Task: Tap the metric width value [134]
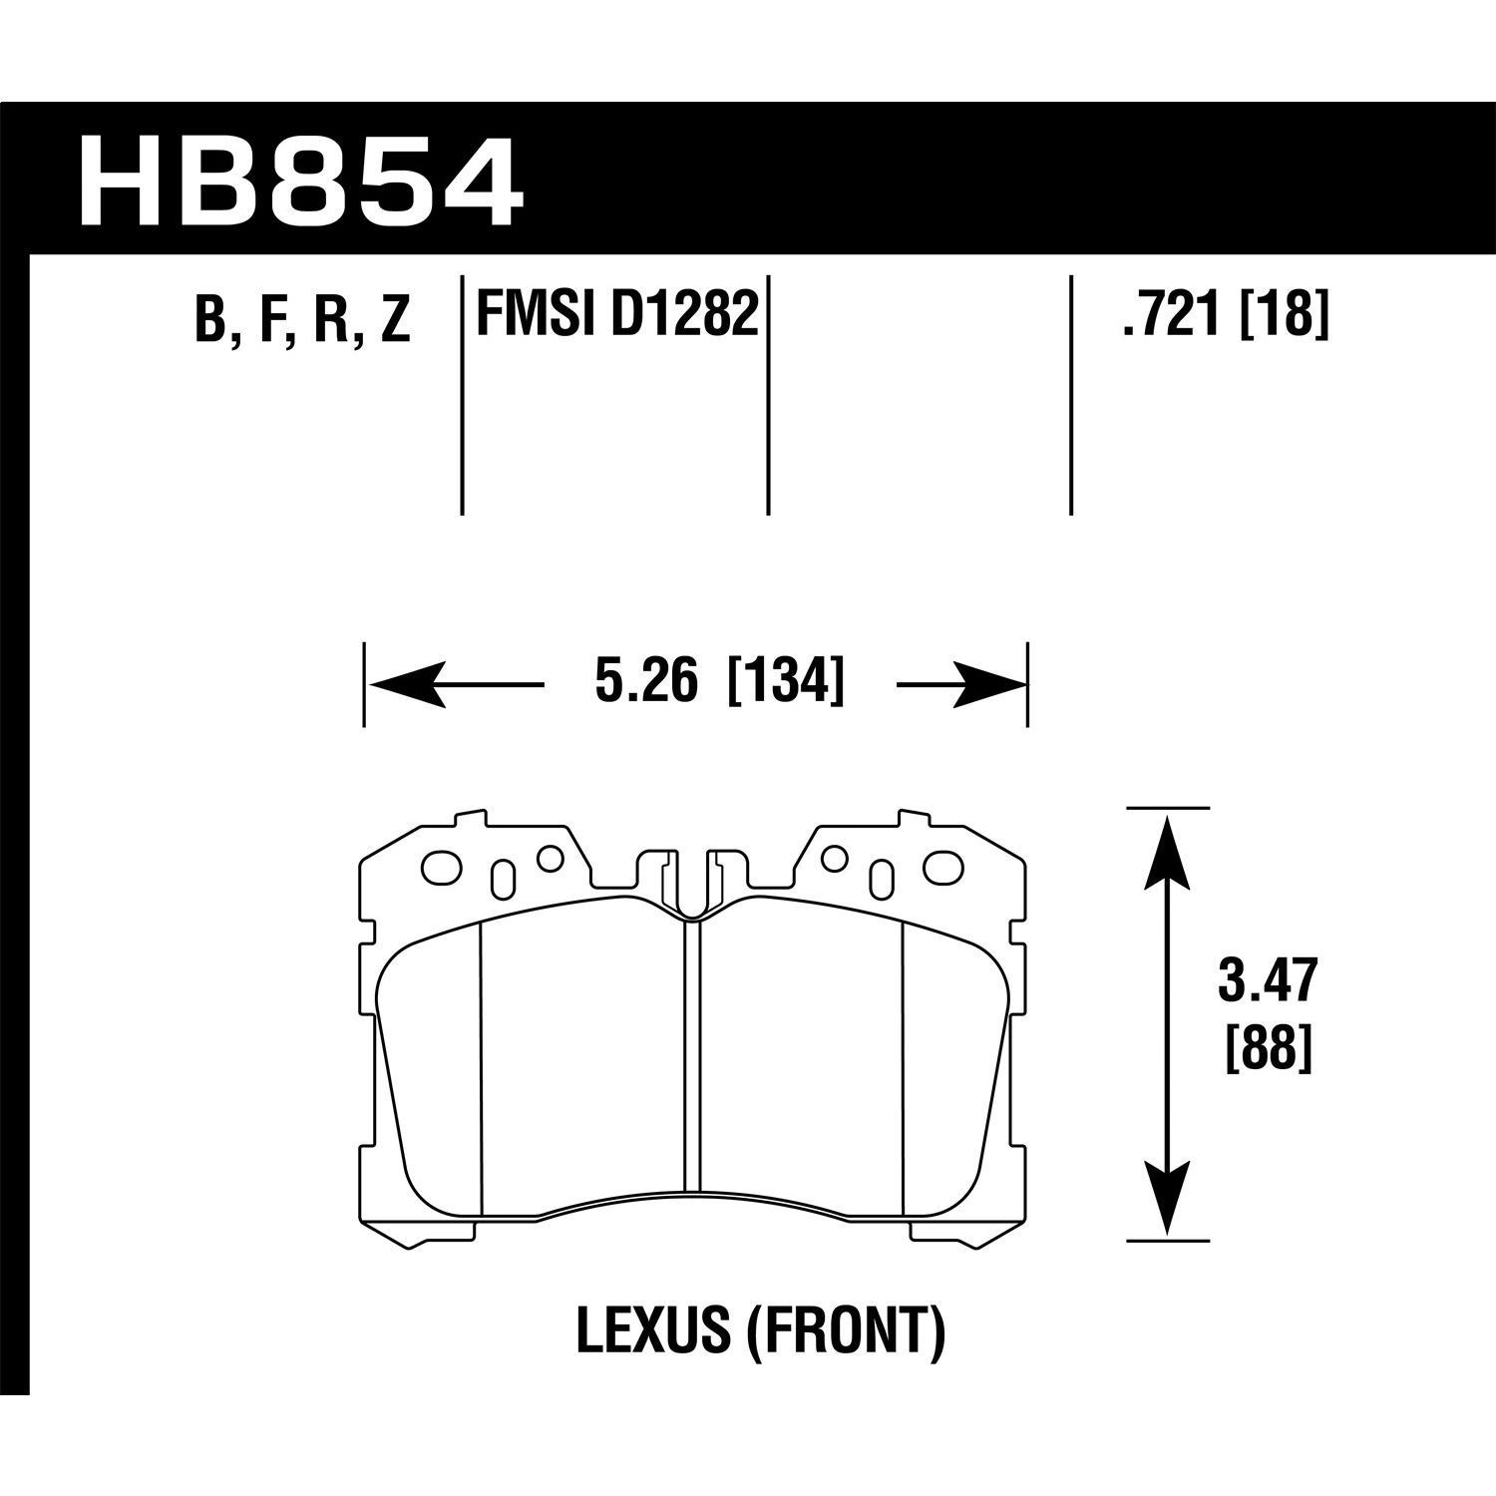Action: click(787, 684)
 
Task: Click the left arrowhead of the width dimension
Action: click(405, 685)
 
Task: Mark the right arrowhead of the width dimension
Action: click(990, 685)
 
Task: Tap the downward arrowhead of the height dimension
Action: click(1167, 1202)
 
